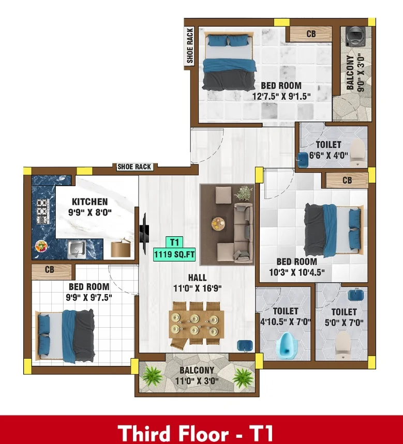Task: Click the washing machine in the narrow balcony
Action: click(354, 36)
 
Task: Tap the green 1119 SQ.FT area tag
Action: click(174, 254)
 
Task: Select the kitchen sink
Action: click(77, 249)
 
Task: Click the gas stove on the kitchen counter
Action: click(42, 211)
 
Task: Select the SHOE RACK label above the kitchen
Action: click(135, 167)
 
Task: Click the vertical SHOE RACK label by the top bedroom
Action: click(190, 45)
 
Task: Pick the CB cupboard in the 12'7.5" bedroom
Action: click(310, 34)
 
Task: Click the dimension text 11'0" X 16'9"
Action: click(198, 288)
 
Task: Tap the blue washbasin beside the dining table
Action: click(244, 345)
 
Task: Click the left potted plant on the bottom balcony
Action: click(152, 377)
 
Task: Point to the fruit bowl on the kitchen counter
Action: click(41, 246)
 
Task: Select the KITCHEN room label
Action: click(89, 202)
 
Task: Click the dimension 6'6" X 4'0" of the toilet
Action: click(328, 155)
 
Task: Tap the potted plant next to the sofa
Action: click(244, 193)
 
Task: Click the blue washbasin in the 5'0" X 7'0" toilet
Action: click(356, 295)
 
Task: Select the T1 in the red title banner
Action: click(261, 433)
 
